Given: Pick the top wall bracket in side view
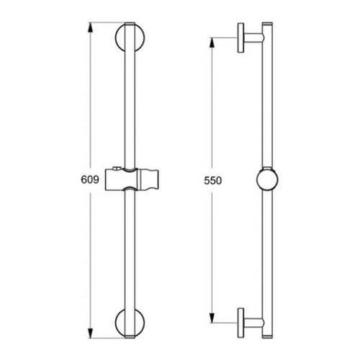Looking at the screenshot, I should pyautogui.click(x=250, y=41).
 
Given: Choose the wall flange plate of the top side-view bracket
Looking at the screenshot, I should pyautogui.click(x=238, y=41).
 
